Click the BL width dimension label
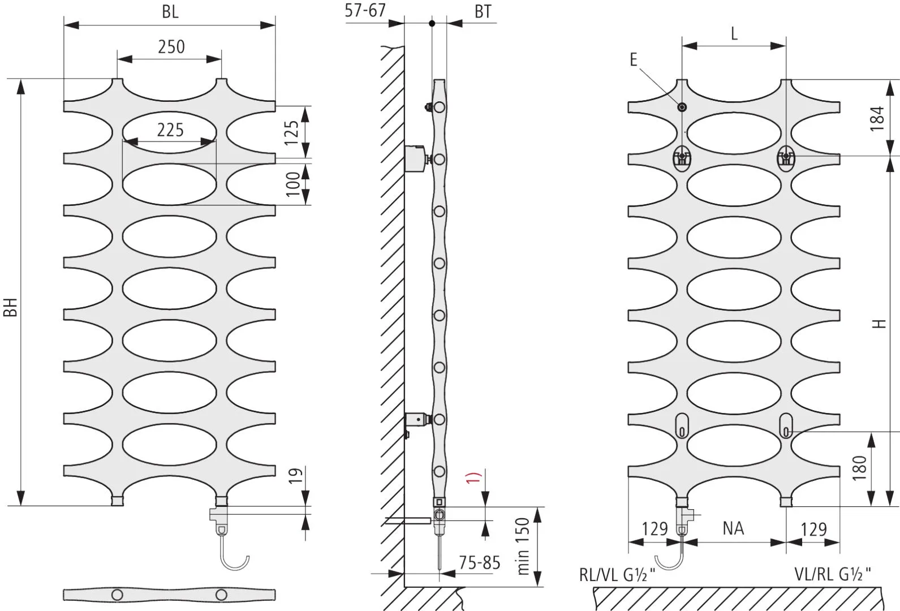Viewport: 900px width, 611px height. pyautogui.click(x=170, y=12)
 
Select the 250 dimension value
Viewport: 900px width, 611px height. pyautogui.click(x=171, y=47)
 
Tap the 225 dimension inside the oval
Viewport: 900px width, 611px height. pyautogui.click(x=170, y=130)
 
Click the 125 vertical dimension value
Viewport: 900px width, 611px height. pyautogui.click(x=292, y=132)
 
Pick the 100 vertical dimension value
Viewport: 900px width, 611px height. pyautogui.click(x=293, y=183)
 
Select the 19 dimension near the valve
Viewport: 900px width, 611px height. pyautogui.click(x=295, y=476)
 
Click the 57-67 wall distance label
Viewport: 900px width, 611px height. pyautogui.click(x=365, y=10)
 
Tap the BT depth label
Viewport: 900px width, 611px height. pyautogui.click(x=483, y=12)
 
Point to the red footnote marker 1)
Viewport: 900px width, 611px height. pyautogui.click(x=473, y=477)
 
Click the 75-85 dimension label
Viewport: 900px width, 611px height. pyautogui.click(x=480, y=563)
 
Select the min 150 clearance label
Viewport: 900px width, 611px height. pyautogui.click(x=523, y=546)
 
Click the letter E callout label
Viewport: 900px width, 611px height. pyautogui.click(x=634, y=60)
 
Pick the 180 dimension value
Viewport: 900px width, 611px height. pyautogui.click(x=859, y=468)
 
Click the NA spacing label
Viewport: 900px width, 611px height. pyautogui.click(x=733, y=528)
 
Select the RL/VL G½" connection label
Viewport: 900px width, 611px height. pyautogui.click(x=617, y=575)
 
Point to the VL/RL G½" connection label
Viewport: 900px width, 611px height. pyautogui.click(x=833, y=575)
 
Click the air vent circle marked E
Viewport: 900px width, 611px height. pyautogui.click(x=682, y=107)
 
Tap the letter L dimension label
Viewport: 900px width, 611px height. pyautogui.click(x=734, y=35)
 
